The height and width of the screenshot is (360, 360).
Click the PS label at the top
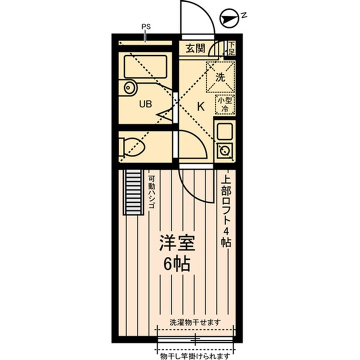coord(146,26)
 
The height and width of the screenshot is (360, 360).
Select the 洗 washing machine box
coord(220,77)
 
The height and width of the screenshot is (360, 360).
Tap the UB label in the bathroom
coord(145,104)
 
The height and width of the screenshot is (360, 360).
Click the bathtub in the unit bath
coord(145,66)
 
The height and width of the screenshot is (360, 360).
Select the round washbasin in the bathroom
coord(129,87)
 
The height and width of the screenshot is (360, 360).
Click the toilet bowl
coord(132,147)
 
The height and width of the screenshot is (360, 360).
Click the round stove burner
coord(225,150)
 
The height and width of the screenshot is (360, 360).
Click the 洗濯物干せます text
coord(195,322)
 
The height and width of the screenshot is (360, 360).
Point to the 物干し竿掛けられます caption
coord(195,356)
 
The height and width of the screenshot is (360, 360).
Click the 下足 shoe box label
coord(231,48)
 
